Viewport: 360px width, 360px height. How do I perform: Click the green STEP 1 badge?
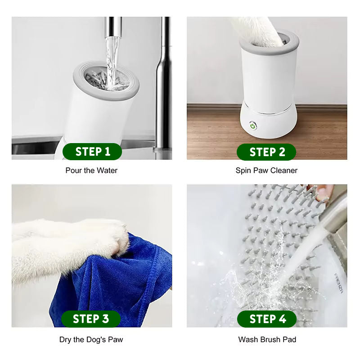click(92, 152)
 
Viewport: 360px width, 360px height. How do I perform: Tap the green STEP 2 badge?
click(266, 152)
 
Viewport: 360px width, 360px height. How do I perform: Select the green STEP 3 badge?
click(91, 319)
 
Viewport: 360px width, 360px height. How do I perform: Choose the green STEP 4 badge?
click(267, 319)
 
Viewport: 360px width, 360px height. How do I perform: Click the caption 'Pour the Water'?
click(91, 171)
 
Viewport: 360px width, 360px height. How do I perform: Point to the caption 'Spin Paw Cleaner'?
click(266, 171)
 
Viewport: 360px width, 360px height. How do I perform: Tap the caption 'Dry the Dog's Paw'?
click(91, 340)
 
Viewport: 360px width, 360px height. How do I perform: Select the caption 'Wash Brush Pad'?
click(267, 339)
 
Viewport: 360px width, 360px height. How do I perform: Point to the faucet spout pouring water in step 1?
click(113, 27)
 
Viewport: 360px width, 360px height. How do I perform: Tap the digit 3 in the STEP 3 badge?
click(105, 319)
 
